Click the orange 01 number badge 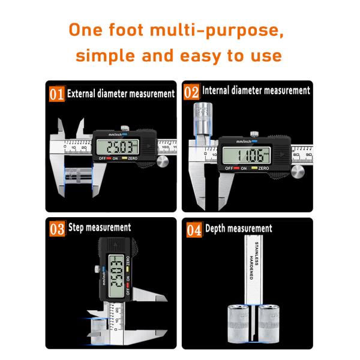(56, 94)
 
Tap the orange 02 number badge (191, 92)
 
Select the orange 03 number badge (57, 229)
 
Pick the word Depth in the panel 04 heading (219, 229)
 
